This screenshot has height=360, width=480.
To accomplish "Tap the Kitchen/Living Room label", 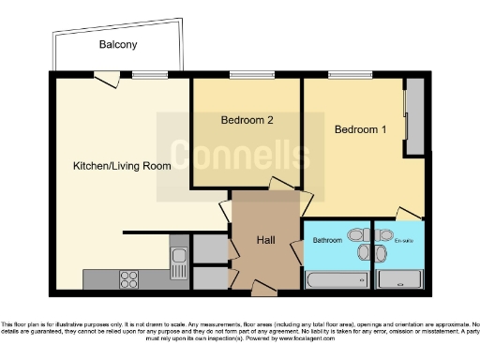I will coord(122,166).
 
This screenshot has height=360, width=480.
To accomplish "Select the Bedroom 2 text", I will coord(247,120).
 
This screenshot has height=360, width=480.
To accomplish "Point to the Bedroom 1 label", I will coord(360,129).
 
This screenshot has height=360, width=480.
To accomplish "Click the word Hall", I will coord(265,241).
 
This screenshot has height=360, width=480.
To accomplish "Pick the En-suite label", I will coord(403,241).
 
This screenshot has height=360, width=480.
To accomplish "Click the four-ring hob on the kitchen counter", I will coord(128,278).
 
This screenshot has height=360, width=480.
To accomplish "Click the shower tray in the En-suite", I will coord(399,278).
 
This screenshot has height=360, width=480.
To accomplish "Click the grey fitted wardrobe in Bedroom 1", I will coord(413,117).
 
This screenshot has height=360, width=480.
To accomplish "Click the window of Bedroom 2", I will coord(247,76).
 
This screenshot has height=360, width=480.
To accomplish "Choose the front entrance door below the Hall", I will coord(260,287).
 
